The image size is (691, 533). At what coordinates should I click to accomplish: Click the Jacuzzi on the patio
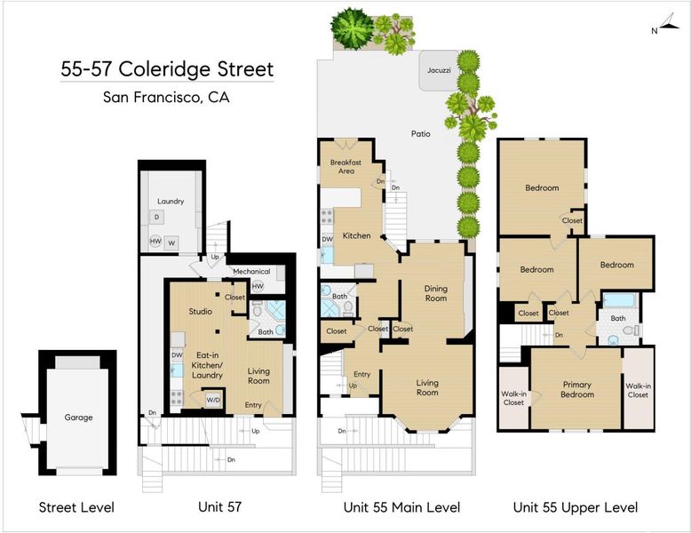point(438,70)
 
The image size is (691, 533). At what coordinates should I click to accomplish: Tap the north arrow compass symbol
point(667,23)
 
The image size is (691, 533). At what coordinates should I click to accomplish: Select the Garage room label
point(78,417)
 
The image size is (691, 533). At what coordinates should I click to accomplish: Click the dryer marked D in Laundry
point(156,217)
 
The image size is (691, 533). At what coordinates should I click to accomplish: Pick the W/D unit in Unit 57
point(213,400)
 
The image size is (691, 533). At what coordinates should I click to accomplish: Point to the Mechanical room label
point(251,271)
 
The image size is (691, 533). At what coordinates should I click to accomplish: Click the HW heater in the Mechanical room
point(258,286)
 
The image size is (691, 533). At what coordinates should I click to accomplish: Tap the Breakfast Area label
point(345,167)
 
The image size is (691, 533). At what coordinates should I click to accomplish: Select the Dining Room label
point(436,293)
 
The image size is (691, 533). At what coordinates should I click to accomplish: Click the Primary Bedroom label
point(576,389)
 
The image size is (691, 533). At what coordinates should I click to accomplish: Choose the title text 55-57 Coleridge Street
point(167,69)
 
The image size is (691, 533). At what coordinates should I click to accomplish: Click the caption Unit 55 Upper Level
point(576,507)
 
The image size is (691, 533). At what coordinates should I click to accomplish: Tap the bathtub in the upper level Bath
point(620,300)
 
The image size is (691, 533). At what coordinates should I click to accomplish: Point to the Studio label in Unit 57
point(201,311)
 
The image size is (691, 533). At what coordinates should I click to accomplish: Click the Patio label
point(420,133)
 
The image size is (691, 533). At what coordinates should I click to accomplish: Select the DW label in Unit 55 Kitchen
point(327,239)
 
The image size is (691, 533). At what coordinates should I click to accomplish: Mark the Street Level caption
point(76,507)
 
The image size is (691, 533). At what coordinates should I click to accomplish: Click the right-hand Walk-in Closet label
point(638,390)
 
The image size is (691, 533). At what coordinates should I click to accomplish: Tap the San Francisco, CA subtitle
point(166,97)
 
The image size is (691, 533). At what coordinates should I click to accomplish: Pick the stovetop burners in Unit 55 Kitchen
point(327,217)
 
